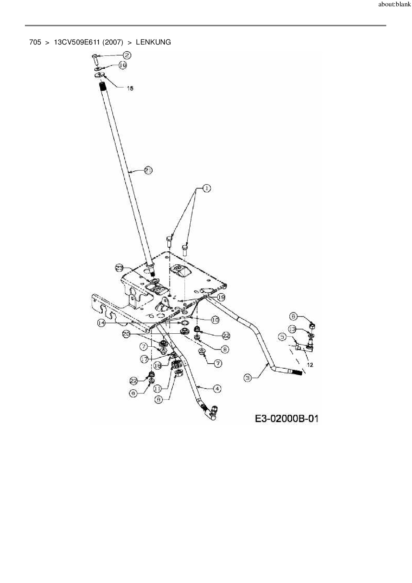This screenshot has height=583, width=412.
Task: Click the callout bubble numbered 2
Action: pyautogui.click(x=127, y=56)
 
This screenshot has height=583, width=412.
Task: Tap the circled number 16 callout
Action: pyautogui.click(x=123, y=65)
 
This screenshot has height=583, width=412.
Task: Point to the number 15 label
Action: pyautogui.click(x=130, y=88)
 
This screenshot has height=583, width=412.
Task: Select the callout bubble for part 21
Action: pyautogui.click(x=148, y=171)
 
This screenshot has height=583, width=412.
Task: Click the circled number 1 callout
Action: pyautogui.click(x=206, y=188)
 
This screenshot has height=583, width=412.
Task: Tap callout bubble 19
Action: pyautogui.click(x=221, y=297)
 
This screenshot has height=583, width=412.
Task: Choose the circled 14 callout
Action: pyautogui.click(x=101, y=323)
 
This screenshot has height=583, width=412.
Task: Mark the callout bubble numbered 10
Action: pyautogui.click(x=215, y=320)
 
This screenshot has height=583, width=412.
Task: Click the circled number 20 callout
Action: pyautogui.click(x=127, y=334)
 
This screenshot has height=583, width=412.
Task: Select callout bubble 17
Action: pyautogui.click(x=144, y=359)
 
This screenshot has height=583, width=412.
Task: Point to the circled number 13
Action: pyautogui.click(x=292, y=329)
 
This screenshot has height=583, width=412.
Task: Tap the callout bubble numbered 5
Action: pyautogui.click(x=282, y=337)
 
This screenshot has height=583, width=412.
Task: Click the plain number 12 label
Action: pyautogui.click(x=310, y=365)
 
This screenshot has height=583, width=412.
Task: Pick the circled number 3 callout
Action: pyautogui.click(x=248, y=378)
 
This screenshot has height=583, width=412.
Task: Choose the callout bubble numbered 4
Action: pyautogui.click(x=217, y=388)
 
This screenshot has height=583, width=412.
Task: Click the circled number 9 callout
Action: pyautogui.click(x=133, y=393)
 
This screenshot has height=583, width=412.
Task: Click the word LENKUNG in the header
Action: pyautogui.click(x=153, y=42)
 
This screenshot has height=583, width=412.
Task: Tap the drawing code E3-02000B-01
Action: pyautogui.click(x=286, y=418)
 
